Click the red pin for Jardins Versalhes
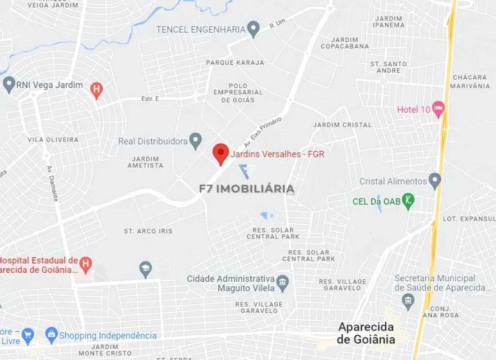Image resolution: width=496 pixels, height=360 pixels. point(221,153)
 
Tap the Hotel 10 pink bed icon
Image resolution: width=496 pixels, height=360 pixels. point(438,108)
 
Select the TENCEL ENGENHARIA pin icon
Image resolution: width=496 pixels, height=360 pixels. point(254,29)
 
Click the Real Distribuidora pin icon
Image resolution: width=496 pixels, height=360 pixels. point(195,140)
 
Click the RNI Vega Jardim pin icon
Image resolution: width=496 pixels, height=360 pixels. point(9,84)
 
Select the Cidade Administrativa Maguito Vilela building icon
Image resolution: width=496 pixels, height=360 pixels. point(283,283)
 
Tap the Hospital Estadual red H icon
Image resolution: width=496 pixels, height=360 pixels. point(85,263)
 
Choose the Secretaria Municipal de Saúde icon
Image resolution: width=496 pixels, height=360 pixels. point(408,301)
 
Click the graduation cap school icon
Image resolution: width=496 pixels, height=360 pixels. point(145,269)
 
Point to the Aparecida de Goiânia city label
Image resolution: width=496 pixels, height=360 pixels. point(366,333)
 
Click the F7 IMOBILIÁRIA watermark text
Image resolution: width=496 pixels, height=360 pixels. point(247,189)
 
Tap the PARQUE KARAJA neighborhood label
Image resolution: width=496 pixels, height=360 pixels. point(235,63)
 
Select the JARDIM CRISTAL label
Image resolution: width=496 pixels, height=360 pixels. point(343,125)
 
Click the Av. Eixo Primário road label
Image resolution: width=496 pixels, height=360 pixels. point(262,133)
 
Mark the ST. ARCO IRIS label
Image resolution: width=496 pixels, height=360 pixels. point(148,231)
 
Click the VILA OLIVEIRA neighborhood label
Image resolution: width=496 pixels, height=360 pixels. point(53,139)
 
